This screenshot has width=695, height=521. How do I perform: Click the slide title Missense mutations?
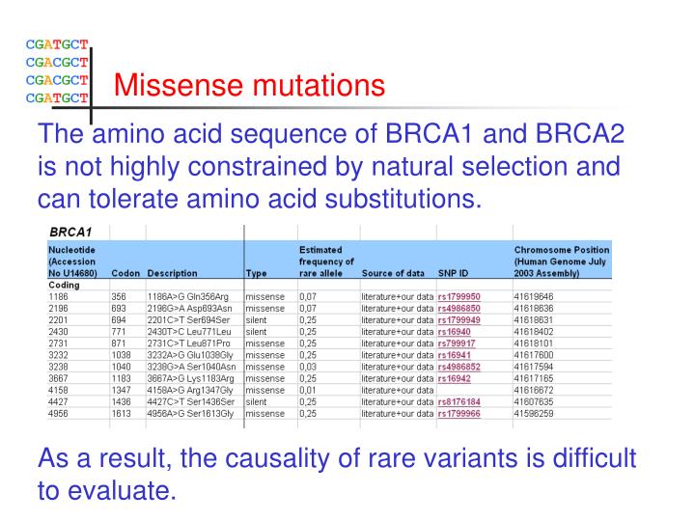(249, 87)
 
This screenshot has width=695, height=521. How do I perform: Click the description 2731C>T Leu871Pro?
(191, 343)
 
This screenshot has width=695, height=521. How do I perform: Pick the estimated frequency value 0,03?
(309, 367)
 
